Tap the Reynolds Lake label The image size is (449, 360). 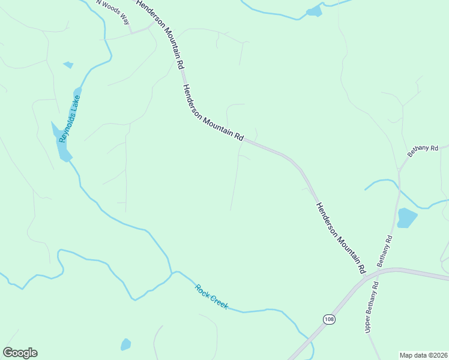pos(69,118)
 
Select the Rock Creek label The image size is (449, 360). pos(211,296)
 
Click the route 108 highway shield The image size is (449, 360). pos(328,319)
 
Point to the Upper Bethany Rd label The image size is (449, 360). pos(372,307)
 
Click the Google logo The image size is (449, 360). pos(20,353)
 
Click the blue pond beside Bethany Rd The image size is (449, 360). pos(406,218)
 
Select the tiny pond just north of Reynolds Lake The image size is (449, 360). pos(68,65)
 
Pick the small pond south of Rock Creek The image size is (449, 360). pos(125,344)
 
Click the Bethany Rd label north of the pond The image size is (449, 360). pos(423,151)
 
